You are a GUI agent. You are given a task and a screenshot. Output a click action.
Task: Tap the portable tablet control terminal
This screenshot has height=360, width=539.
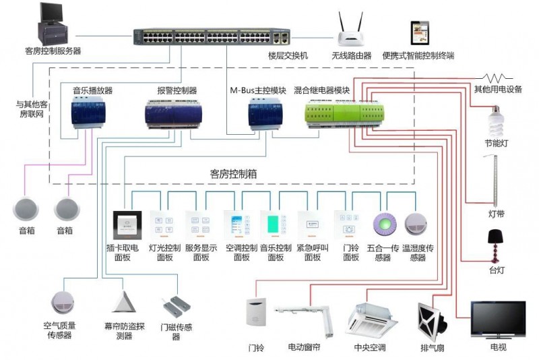(420, 33)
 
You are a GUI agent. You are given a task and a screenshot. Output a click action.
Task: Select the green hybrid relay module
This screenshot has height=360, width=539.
(344, 114)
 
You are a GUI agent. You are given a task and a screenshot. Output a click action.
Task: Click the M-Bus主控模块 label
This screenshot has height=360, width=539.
(258, 90)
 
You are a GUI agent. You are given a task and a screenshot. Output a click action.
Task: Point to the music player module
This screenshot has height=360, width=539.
(88, 112)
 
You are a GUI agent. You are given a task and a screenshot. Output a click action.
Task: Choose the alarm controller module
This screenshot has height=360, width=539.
(173, 114)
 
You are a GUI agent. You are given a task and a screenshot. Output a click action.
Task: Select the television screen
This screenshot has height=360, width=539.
(498, 320)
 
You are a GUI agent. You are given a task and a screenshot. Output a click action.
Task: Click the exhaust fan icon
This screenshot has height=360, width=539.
(432, 321)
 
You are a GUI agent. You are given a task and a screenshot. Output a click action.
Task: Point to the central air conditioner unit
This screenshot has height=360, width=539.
(371, 320)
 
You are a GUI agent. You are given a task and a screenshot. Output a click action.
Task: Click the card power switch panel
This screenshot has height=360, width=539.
(127, 225)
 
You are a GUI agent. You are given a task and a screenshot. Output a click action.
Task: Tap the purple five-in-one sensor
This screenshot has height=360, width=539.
(385, 224)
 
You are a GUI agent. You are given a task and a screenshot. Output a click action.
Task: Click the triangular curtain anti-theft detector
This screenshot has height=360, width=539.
(123, 302)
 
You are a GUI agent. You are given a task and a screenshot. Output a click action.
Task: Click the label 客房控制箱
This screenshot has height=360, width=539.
(233, 174)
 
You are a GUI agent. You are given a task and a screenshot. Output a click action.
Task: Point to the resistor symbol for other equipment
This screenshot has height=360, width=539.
(496, 78)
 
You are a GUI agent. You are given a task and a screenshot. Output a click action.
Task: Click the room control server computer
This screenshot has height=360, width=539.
(53, 24)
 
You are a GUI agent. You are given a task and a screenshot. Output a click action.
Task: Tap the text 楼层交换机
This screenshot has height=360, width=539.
(288, 55)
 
